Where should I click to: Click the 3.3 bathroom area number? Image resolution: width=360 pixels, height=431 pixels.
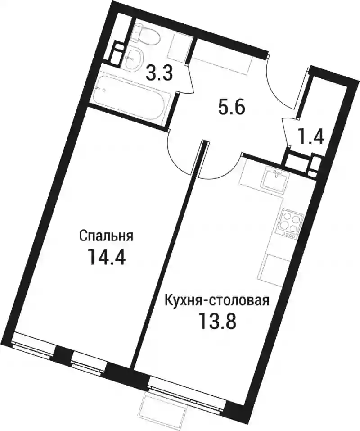[x=160, y=73]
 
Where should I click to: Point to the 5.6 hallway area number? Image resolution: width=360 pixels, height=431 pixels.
[x=231, y=108]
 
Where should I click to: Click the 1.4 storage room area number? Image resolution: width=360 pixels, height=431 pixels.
[x=311, y=136]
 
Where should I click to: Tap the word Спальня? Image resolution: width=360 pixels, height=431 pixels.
[x=106, y=236]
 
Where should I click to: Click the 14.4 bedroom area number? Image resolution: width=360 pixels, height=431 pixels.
[x=105, y=256]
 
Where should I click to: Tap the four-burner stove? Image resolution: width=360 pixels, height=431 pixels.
[x=290, y=222]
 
